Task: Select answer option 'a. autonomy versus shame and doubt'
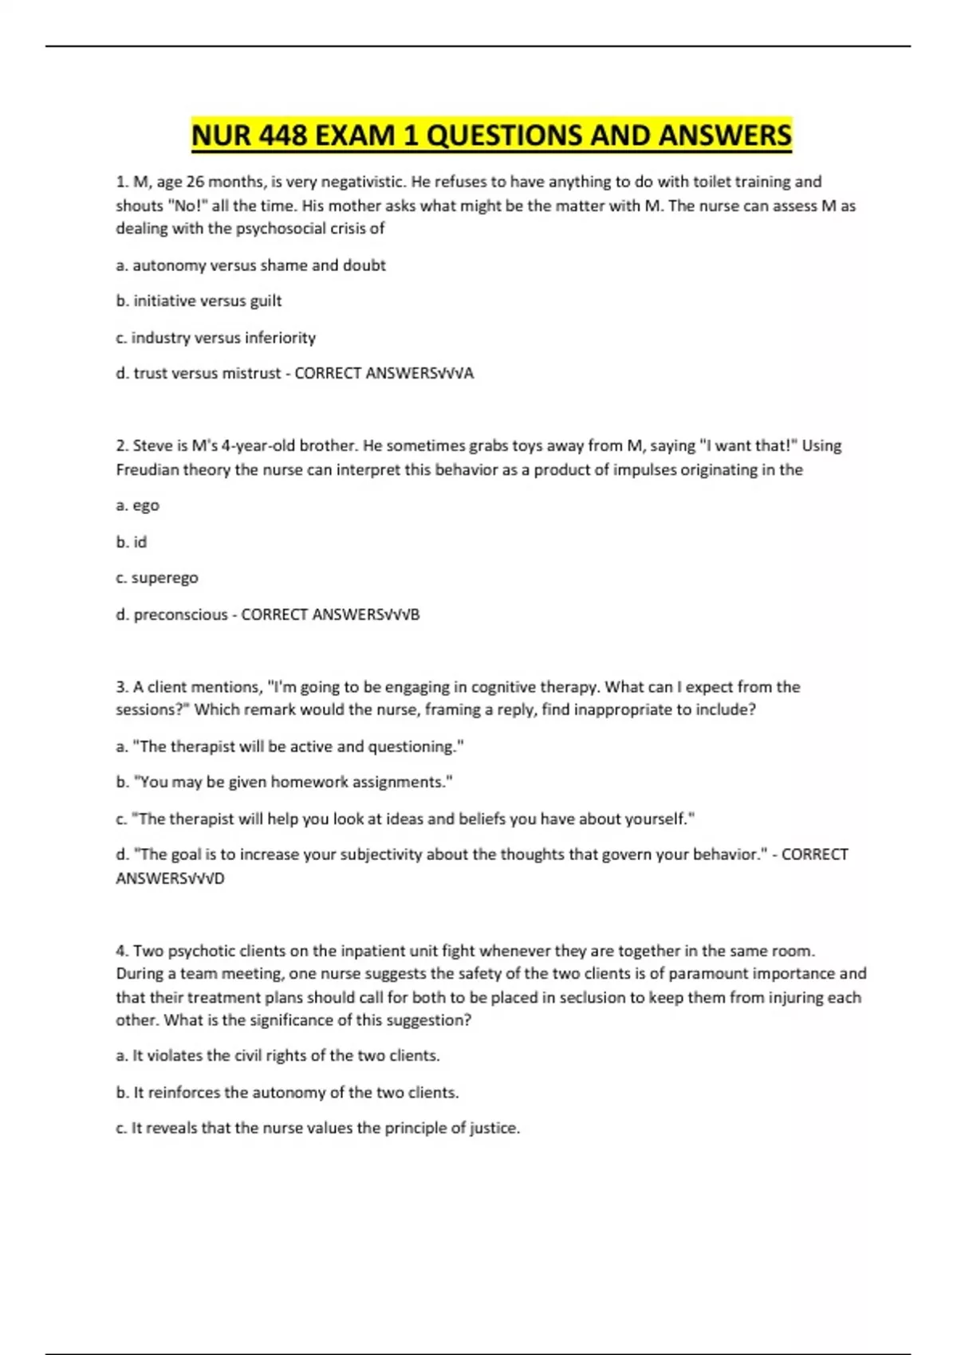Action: pyautogui.click(x=250, y=265)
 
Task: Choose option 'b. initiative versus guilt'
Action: pyautogui.click(x=199, y=301)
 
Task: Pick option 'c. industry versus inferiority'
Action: pyautogui.click(x=215, y=338)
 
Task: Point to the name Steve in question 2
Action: pyautogui.click(x=152, y=446)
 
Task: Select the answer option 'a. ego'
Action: pyautogui.click(x=137, y=505)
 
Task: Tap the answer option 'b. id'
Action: pyautogui.click(x=132, y=542)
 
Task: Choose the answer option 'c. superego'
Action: pyautogui.click(x=157, y=578)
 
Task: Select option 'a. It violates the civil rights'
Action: pyautogui.click(x=278, y=1056)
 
